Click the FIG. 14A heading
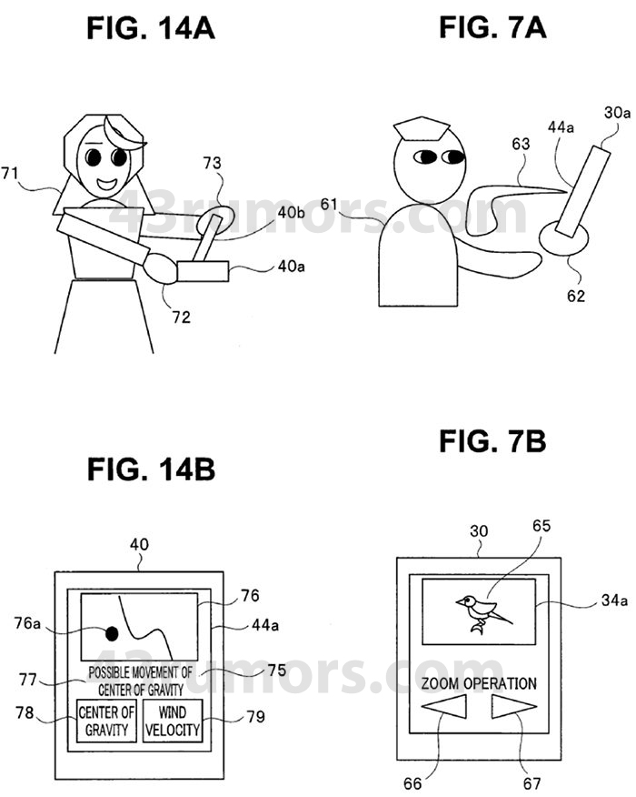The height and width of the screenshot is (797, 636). point(151,28)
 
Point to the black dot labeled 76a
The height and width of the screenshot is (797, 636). point(114,633)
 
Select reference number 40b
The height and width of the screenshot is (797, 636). point(291,213)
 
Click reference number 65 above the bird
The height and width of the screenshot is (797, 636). point(542,525)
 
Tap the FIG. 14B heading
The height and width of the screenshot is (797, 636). point(151,471)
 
